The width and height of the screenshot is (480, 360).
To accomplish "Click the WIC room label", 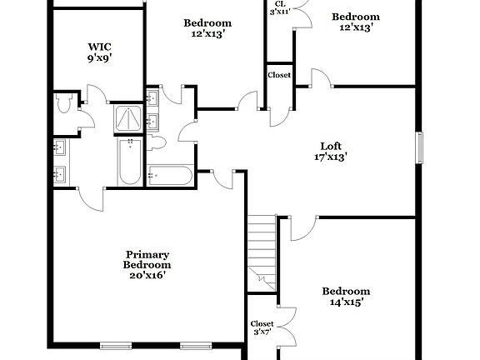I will (100, 47).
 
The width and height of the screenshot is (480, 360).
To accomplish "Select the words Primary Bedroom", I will (147, 260).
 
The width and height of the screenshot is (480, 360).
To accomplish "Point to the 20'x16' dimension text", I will (147, 275).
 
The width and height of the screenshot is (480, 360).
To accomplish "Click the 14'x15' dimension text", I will (346, 303).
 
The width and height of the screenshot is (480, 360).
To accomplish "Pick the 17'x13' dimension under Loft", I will (331, 156).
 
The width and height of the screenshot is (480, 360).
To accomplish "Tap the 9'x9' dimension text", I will (100, 58).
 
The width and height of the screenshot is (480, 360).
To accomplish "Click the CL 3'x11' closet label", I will (280, 7).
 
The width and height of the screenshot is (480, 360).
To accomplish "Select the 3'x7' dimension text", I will (262, 333).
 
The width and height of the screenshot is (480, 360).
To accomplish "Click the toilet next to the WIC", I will (66, 104).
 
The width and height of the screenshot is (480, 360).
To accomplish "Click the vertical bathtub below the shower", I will (129, 162).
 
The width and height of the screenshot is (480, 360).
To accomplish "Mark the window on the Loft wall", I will (420, 147).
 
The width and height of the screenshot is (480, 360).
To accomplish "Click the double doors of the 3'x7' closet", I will (286, 327).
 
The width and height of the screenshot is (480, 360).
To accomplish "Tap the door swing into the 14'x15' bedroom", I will (304, 227).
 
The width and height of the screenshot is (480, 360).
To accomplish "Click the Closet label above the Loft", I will (279, 75).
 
